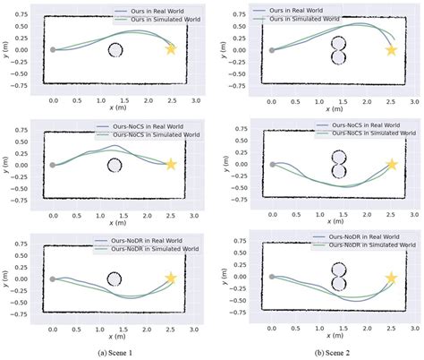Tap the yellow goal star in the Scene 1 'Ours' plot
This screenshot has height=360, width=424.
click(171, 49)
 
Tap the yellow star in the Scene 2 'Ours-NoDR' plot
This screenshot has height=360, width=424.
click(391, 278)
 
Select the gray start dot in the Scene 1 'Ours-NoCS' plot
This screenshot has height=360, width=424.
click(53, 165)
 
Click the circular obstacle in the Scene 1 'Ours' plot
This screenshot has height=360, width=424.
click(114, 50)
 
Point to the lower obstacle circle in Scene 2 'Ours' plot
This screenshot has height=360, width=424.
click(336, 58)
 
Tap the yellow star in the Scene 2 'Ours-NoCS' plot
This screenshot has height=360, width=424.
click(391, 165)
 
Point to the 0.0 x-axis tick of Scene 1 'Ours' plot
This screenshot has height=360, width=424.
click(54, 94)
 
